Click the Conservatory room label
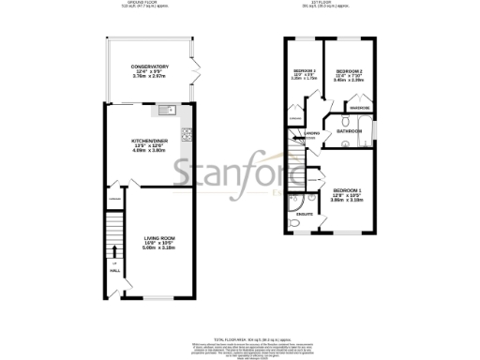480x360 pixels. (150, 67)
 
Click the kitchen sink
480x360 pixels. (166, 111)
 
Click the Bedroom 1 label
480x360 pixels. (347, 190)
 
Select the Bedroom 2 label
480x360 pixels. (349, 71)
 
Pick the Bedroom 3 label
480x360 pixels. (302, 71)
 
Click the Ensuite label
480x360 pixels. (304, 215)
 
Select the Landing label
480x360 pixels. (312, 133)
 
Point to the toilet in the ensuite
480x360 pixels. (294, 199)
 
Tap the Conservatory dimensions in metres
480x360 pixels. (150, 77)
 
